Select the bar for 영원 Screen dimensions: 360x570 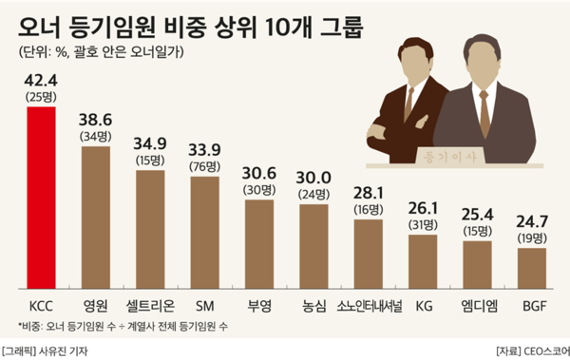tap(96, 218)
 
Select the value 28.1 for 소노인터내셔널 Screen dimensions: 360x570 tap(369, 190)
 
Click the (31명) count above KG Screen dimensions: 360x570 tap(423, 225)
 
